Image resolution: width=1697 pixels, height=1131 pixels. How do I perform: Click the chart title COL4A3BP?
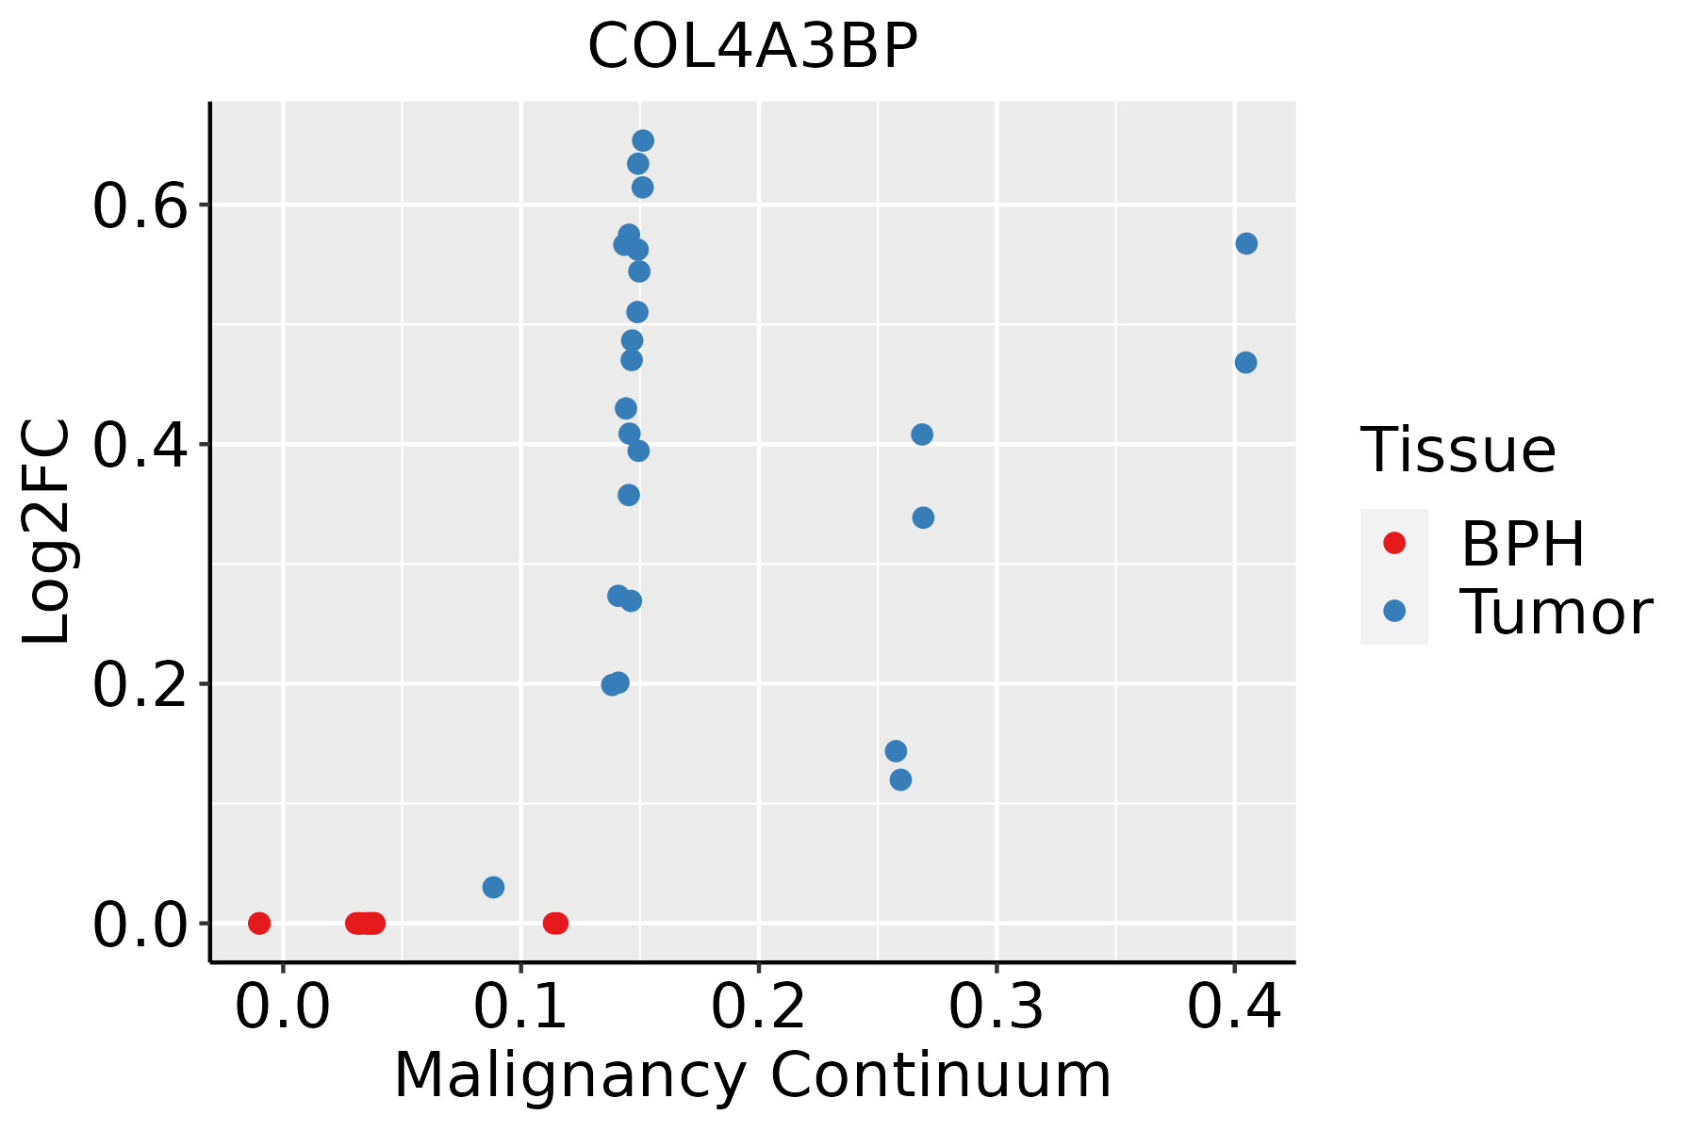click(x=752, y=47)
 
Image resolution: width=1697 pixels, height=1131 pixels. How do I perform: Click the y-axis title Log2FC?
click(x=47, y=532)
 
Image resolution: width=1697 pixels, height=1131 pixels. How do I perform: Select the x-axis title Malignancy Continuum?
click(x=752, y=1075)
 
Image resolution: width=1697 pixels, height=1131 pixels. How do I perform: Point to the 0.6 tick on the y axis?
click(x=141, y=206)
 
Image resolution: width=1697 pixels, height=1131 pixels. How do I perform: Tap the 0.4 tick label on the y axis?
click(x=141, y=446)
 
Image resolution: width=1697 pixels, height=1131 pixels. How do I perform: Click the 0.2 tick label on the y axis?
click(x=141, y=685)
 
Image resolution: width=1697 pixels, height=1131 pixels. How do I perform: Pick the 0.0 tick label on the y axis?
click(x=141, y=925)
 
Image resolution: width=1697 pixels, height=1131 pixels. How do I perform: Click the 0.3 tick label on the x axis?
click(x=996, y=1008)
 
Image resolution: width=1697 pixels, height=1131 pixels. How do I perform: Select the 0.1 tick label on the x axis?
click(x=520, y=1008)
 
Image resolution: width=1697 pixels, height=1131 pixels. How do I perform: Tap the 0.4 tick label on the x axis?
click(x=1233, y=1008)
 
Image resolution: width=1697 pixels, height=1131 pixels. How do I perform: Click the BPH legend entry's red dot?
click(x=1393, y=543)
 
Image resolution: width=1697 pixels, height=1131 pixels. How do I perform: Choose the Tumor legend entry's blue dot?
click(x=1393, y=611)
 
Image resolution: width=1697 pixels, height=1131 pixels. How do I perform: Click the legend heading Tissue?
click(x=1458, y=451)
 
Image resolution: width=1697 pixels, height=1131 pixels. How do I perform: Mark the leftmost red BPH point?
click(x=259, y=923)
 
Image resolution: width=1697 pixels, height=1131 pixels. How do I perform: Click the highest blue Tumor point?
click(x=643, y=141)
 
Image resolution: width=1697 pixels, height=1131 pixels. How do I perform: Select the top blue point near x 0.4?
click(x=1246, y=244)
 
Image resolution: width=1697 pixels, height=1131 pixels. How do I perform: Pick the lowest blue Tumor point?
click(x=493, y=887)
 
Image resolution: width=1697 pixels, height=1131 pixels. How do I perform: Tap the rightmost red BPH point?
click(x=557, y=923)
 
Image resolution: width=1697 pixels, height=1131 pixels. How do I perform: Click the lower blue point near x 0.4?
click(x=1245, y=363)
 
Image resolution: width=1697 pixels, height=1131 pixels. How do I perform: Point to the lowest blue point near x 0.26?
click(x=900, y=779)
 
